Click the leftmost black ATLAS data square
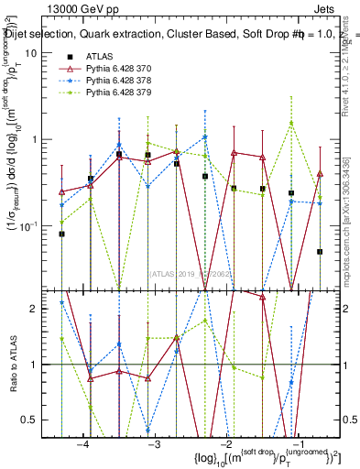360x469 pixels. [62, 234]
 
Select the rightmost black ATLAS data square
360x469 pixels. [320, 251]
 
